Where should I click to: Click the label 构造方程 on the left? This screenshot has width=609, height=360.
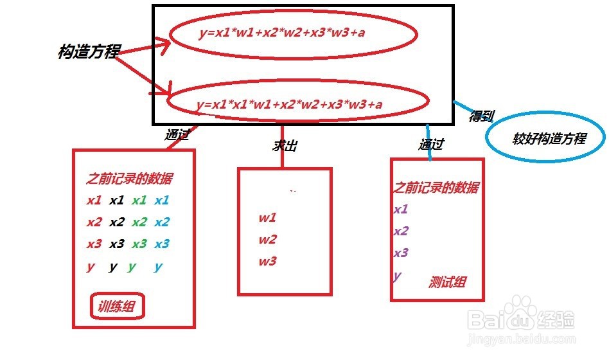pos(89,52)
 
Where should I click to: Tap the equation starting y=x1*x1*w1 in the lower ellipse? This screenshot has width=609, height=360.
pos(290,104)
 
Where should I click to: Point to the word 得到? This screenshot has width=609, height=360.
pos(482,116)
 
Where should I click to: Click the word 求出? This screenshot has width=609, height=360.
pos(284,146)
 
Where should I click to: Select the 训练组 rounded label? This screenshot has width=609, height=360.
pos(118,307)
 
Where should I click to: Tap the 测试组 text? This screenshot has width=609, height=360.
pos(447,282)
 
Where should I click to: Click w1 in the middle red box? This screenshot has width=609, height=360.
pos(267,217)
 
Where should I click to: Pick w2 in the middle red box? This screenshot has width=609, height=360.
pos(267,239)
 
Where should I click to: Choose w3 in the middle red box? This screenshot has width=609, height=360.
pos(267,261)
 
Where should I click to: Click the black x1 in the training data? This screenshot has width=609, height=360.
pos(116,200)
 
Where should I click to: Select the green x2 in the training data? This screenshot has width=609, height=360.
pos(139,222)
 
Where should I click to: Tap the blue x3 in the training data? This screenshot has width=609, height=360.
pos(161,244)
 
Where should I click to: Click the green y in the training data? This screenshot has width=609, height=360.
pos(132,267)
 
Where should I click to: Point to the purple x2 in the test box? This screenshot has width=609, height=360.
pos(401,231)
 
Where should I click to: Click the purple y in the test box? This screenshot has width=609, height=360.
pos(397,276)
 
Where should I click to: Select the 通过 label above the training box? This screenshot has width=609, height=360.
pos(177,136)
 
